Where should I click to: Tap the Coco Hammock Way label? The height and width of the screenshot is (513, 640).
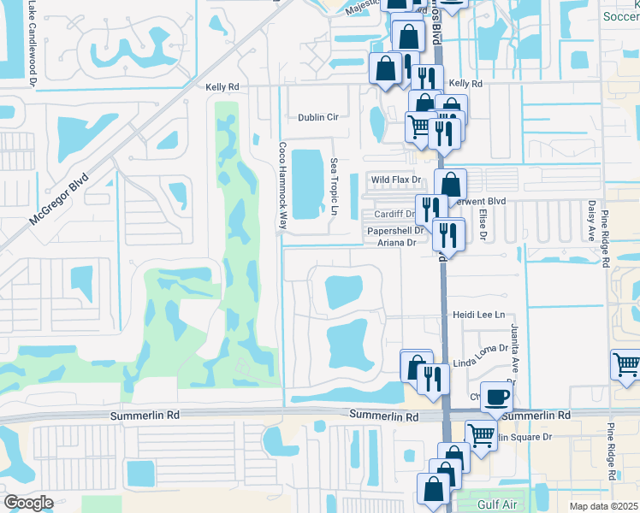281,184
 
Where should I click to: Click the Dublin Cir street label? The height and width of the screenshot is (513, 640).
318,117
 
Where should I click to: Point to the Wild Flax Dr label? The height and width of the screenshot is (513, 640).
396,180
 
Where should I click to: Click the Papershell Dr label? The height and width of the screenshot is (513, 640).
395,231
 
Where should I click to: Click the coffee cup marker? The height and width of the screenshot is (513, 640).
496,397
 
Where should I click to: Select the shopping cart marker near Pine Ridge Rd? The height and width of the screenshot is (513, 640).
626,364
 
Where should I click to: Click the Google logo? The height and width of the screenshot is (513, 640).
28,503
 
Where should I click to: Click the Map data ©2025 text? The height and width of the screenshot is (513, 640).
602,506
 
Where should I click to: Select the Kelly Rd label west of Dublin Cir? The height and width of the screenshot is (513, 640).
222,87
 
